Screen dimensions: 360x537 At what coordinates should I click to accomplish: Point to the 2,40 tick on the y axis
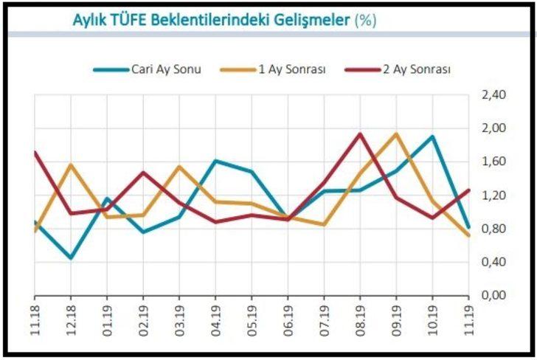(x=493, y=95)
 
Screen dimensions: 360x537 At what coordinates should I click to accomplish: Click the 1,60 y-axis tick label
(x=493, y=162)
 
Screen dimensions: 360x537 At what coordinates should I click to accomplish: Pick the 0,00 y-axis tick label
(x=493, y=295)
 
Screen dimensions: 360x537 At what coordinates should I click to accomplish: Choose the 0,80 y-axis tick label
(x=493, y=229)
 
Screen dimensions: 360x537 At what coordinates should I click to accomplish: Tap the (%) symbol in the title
(x=365, y=20)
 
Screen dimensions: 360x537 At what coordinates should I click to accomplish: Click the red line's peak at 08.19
(x=360, y=134)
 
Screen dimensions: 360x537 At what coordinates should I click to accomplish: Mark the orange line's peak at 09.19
(x=396, y=134)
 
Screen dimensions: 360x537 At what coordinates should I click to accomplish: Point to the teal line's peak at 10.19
(x=432, y=136)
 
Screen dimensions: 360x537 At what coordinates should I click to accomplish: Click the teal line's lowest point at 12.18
(x=70, y=258)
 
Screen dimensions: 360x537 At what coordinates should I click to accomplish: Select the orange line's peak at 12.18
(x=70, y=165)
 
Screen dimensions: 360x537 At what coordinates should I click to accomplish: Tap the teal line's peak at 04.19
(x=215, y=160)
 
